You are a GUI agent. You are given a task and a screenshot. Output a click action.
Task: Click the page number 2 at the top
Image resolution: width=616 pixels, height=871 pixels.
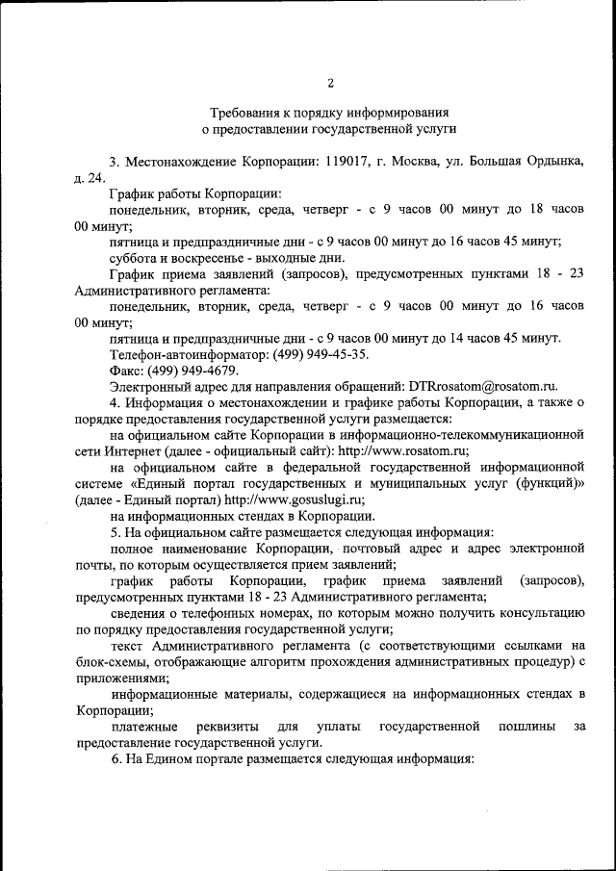[x=330, y=82]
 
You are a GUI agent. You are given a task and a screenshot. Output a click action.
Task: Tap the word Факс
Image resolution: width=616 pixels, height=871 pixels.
[x=128, y=371]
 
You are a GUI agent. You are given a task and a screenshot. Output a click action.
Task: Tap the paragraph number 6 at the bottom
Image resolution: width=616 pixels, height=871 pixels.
[x=115, y=758]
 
